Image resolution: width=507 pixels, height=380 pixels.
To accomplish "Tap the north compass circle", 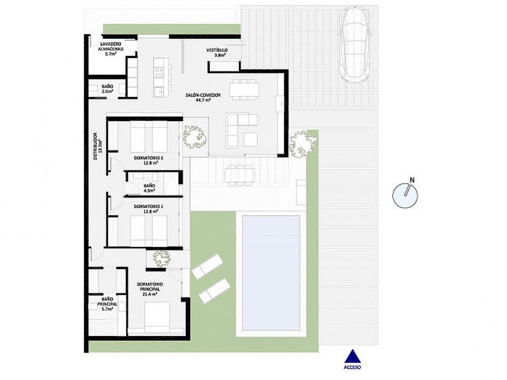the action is point(405,196).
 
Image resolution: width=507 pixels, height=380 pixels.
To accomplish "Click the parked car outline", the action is point(355,44).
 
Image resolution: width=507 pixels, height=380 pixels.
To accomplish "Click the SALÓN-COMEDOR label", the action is point(203,95).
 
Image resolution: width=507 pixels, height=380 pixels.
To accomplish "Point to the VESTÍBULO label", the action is point(217,50).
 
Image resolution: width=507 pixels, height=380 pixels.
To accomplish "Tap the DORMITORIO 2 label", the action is point(149,158).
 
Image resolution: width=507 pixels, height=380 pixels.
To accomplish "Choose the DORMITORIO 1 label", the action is point(149,206).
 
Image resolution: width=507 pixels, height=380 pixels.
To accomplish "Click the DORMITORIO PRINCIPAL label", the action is point(150,286).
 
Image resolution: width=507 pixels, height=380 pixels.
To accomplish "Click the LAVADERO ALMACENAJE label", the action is point(111,46).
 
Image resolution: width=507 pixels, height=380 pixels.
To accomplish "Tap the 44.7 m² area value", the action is point(203,100).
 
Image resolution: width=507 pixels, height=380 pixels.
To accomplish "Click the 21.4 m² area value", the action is point(150,294).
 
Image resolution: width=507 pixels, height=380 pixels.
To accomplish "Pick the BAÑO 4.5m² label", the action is point(149,188).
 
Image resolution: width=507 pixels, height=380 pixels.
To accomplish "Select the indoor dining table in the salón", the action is point(244,90).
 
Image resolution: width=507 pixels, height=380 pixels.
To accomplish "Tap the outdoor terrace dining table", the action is point(240,175).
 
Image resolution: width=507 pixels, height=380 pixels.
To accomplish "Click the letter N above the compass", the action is point(412,180).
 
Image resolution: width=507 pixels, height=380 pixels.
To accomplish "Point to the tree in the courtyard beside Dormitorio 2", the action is point(194,137).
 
